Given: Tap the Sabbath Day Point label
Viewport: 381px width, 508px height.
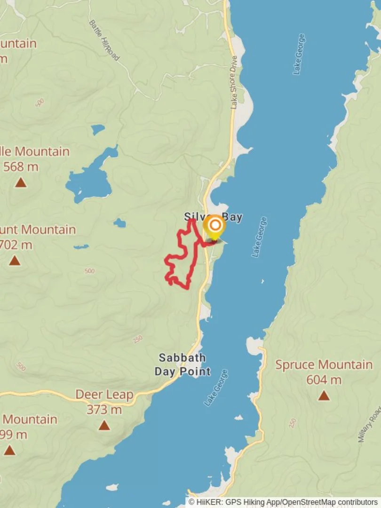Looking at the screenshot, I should [183, 365].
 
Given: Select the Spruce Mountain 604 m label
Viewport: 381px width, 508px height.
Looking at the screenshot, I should [324, 372].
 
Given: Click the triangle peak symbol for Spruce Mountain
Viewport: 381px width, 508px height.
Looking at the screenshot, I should [324, 396].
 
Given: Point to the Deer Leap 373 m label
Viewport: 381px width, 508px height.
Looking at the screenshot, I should [104, 402].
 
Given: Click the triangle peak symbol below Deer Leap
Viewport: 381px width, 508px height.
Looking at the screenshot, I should [104, 426].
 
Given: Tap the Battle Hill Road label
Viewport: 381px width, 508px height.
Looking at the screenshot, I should [104, 40].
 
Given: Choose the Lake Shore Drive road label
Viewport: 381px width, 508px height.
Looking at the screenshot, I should [234, 83].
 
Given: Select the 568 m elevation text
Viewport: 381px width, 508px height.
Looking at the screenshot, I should [21, 167].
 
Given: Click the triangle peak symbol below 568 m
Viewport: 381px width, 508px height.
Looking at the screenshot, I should [21, 183].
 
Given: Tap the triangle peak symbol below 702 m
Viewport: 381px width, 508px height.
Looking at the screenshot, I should [15, 261].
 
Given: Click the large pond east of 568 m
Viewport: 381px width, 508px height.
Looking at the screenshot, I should [89, 181].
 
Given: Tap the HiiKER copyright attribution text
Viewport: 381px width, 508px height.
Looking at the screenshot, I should [283, 502].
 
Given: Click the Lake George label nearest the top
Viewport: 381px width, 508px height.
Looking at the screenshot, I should [299, 54].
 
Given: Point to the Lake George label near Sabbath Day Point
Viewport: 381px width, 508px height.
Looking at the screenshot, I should [216, 388].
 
